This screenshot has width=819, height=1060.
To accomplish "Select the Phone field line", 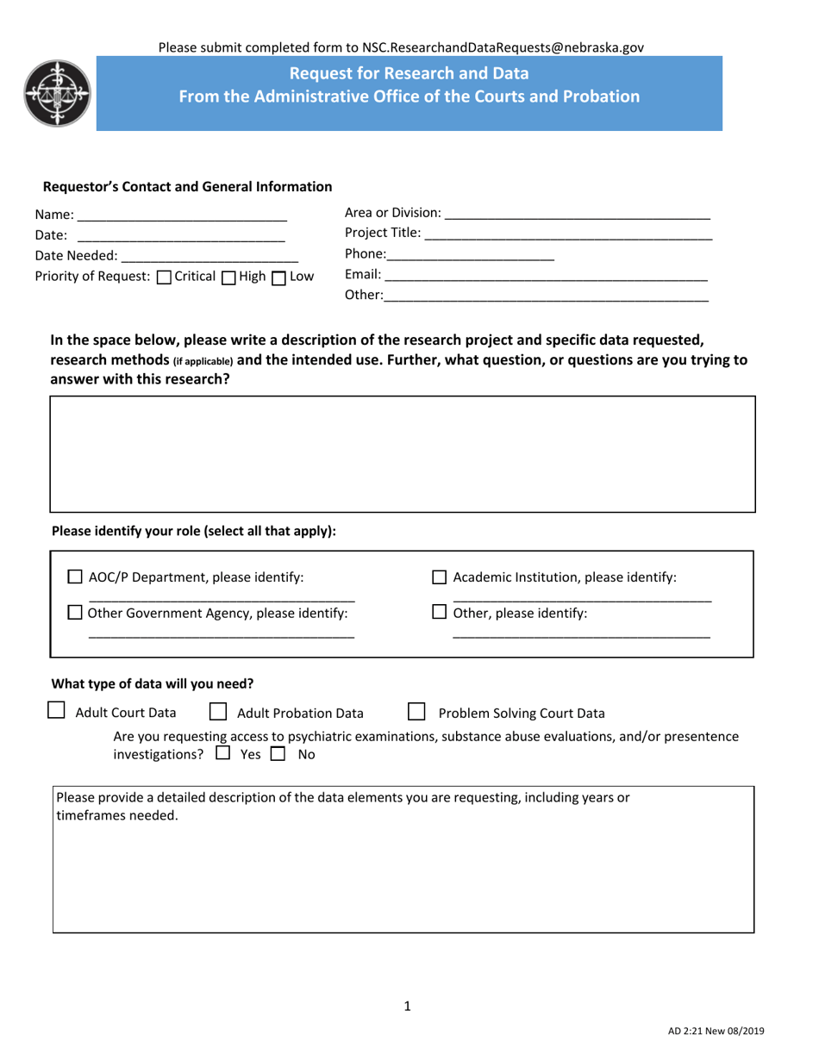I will click(x=471, y=258).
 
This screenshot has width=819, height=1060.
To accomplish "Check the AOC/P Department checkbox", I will click(x=75, y=577).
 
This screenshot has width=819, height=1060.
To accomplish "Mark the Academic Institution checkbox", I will click(x=439, y=577).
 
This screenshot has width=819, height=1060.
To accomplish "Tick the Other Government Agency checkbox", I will click(x=75, y=614).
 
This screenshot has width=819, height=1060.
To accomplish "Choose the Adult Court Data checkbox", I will click(x=55, y=711).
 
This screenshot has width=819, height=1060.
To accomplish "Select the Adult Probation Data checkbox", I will click(x=218, y=712).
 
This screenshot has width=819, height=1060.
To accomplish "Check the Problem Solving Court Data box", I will click(x=416, y=712).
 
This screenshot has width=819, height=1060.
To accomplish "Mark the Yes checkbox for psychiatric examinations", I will click(x=222, y=754).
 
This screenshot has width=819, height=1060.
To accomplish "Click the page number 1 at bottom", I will click(x=408, y=1006).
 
